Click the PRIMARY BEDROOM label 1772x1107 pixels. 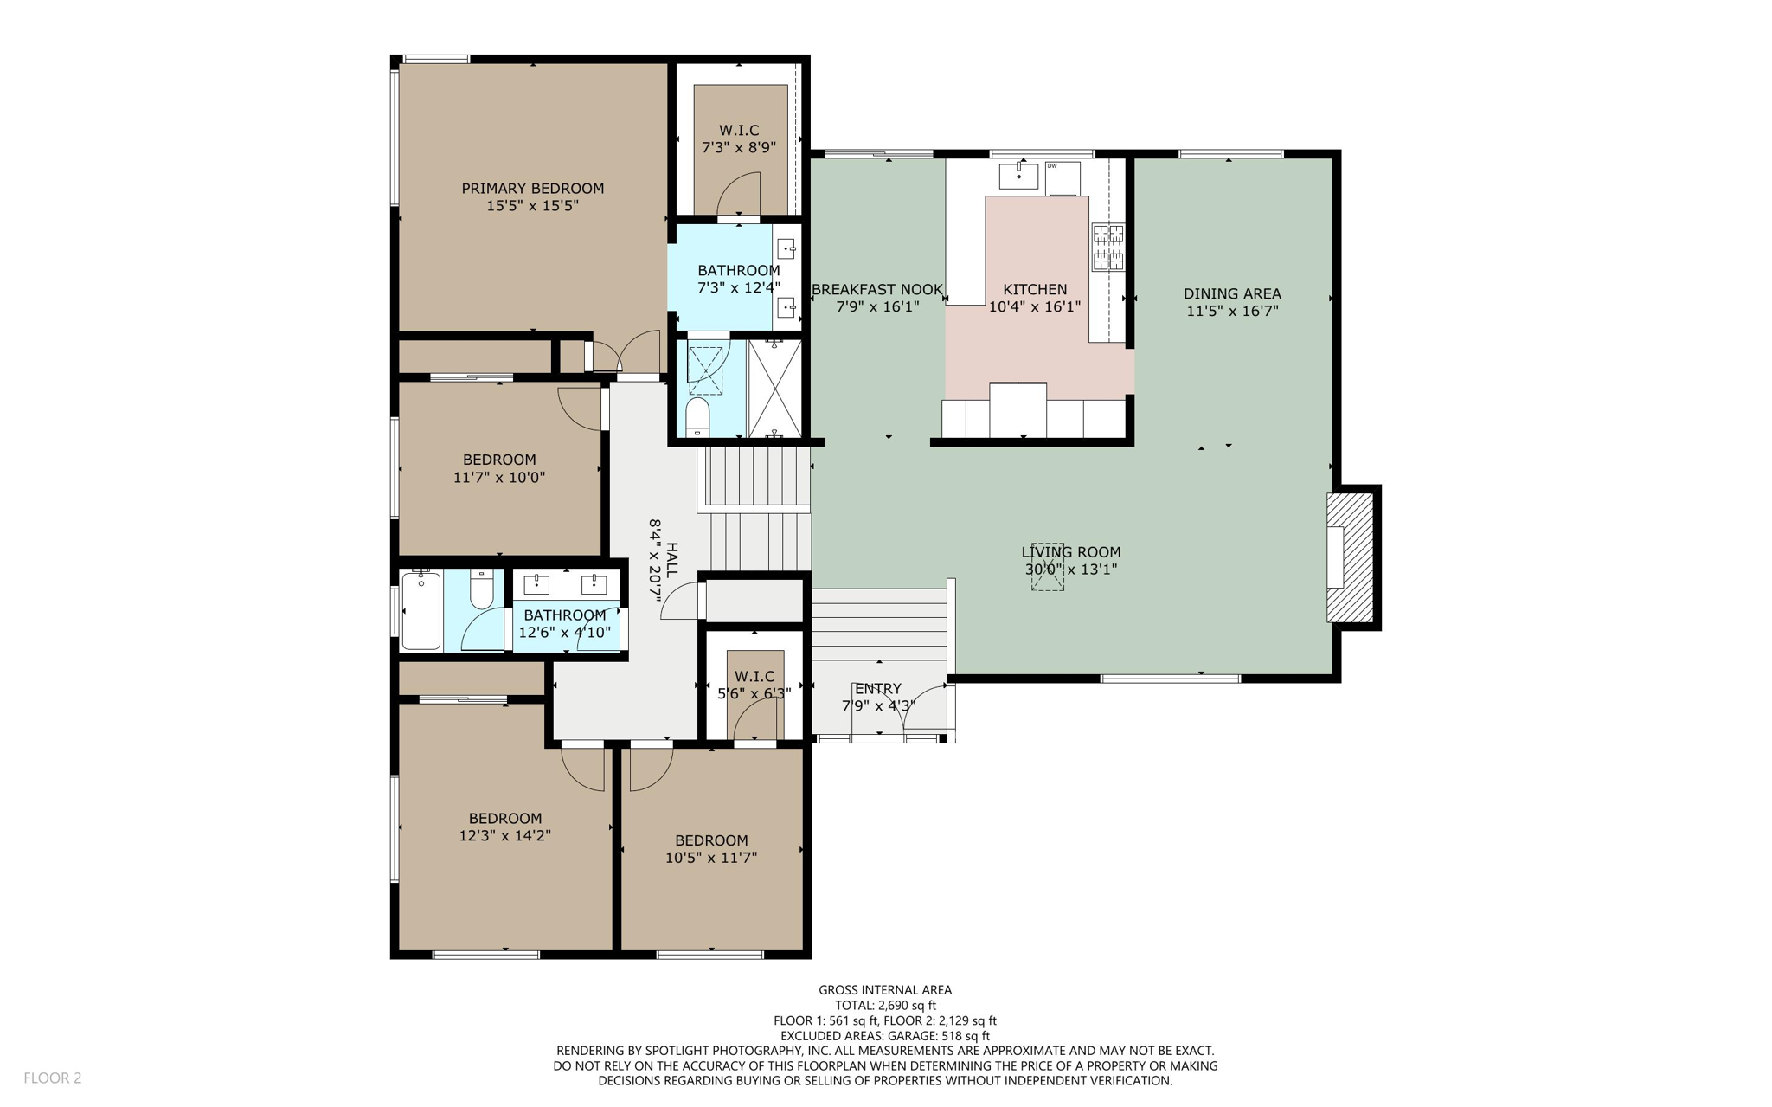[x=532, y=197]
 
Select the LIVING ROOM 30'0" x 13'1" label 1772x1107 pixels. [x=1070, y=560]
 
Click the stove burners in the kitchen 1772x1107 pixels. [x=1107, y=247]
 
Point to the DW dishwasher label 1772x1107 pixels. [x=1052, y=166]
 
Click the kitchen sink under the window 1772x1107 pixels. [x=1018, y=176]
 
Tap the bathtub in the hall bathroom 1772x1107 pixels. [x=421, y=610]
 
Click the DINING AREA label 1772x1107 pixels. [x=1231, y=302]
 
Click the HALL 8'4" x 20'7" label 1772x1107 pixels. [x=664, y=560]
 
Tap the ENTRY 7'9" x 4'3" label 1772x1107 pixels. [x=878, y=697]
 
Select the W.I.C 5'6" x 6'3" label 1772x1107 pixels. [x=754, y=685]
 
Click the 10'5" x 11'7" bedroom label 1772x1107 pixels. [x=710, y=848]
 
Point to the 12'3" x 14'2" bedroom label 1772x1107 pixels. [x=504, y=827]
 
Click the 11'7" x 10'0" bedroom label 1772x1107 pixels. [x=498, y=468]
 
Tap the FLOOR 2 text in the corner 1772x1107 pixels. [x=52, y=1078]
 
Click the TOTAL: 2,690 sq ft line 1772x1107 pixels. [x=884, y=1005]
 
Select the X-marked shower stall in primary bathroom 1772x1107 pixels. [x=774, y=389]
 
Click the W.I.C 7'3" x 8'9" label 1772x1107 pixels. [x=738, y=138]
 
